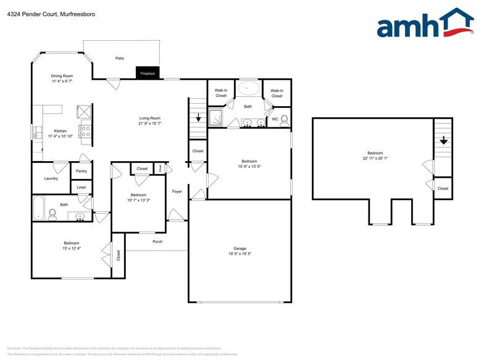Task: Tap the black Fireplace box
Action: coord(148,73)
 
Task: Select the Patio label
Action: coord(120,58)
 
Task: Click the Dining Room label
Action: coord(62,76)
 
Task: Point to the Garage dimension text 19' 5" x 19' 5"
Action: coord(240,254)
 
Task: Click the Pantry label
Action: coord(81,171)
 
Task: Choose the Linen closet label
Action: coord(81,186)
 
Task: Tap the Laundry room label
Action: coord(51,178)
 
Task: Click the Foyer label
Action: coord(177,191)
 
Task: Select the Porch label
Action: coord(157,241)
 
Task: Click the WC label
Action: coord(275,119)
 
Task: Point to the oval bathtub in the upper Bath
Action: coord(248,89)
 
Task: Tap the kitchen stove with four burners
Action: coord(85,131)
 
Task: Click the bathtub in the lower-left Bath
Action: coord(39,207)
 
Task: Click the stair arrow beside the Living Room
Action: coord(198,118)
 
